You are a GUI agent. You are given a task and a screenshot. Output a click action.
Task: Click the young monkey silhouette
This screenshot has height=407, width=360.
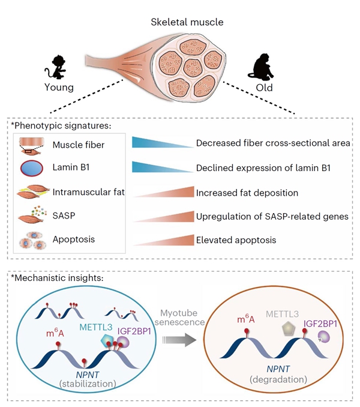[x=58, y=65]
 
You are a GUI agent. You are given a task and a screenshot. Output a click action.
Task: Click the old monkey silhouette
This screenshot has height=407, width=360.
[x=265, y=66]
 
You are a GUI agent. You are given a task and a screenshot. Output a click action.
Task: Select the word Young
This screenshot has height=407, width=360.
[x=58, y=88]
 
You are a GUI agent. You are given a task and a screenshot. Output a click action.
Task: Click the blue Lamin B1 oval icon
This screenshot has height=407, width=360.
[x=31, y=168]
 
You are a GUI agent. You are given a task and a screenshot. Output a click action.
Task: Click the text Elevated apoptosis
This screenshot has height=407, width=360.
[x=236, y=240]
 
